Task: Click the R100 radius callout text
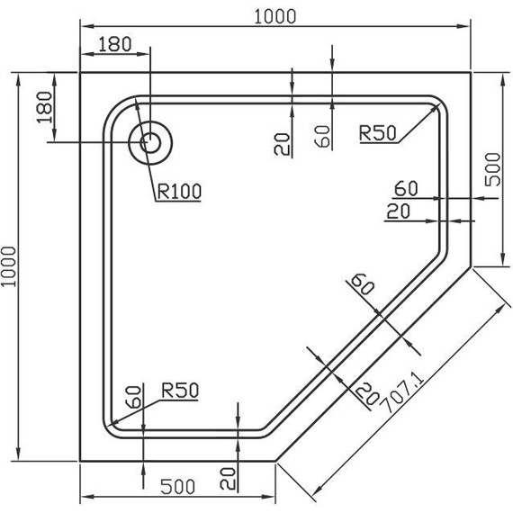[178, 191]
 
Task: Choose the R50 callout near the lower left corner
[180, 390]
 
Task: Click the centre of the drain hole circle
[150, 141]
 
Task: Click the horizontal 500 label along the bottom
[178, 487]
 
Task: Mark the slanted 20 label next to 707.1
[365, 391]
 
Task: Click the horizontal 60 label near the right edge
[406, 189]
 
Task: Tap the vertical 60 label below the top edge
[323, 136]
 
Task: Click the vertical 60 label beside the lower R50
[132, 396]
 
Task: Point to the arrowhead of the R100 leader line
[137, 105]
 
